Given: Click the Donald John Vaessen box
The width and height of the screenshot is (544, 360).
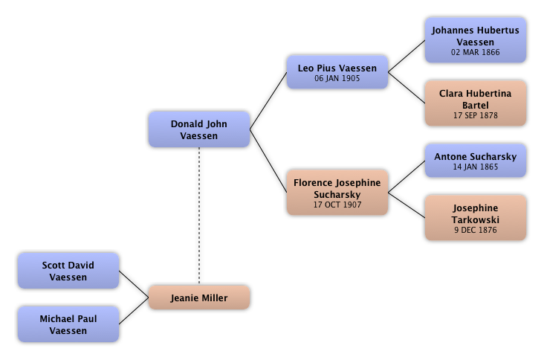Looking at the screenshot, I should [198, 129].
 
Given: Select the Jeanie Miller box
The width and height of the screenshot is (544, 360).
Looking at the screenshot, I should [199, 298].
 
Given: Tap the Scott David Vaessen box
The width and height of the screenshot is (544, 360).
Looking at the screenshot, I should [68, 271].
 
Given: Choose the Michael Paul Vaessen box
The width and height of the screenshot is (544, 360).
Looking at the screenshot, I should [68, 324].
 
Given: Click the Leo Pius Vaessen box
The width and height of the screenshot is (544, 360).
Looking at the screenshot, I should [337, 72].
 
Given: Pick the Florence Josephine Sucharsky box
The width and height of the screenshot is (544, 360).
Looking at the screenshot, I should [337, 192].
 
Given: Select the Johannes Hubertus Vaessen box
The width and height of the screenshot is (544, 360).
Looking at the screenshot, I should [475, 40].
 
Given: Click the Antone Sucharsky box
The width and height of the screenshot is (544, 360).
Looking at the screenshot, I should [475, 161].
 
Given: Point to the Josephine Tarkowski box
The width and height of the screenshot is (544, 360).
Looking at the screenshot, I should [475, 219].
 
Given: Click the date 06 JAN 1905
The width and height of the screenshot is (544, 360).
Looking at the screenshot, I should [337, 78].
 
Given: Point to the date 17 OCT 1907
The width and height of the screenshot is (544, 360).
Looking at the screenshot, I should [337, 205].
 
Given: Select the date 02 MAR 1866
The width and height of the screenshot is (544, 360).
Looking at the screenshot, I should [475, 53].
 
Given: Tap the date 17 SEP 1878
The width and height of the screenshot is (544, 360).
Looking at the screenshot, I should [475, 115].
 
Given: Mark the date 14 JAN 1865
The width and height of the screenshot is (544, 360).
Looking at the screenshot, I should [475, 167].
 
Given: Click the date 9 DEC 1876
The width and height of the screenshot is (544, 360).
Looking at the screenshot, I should [475, 231].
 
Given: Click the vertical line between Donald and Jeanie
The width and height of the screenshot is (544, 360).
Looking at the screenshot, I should [199, 216].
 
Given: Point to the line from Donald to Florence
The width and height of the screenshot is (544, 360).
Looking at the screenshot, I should [268, 157].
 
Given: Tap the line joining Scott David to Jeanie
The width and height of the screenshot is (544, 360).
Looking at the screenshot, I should [135, 281].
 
